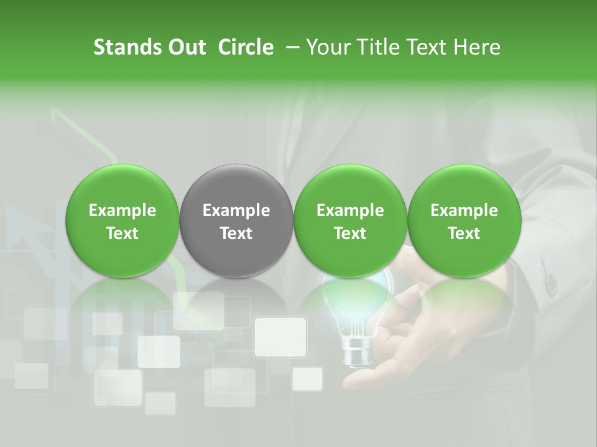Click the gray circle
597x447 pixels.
coord(236,220)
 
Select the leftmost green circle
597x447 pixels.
coord(123,220)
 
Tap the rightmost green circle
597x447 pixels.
coord(464,220)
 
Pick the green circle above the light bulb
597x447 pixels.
coord(350,220)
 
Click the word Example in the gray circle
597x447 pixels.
coord(236,210)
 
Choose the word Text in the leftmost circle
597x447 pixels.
coord(123,233)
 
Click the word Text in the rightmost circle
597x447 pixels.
coord(464,233)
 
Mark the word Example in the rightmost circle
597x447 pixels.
coord(464,210)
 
